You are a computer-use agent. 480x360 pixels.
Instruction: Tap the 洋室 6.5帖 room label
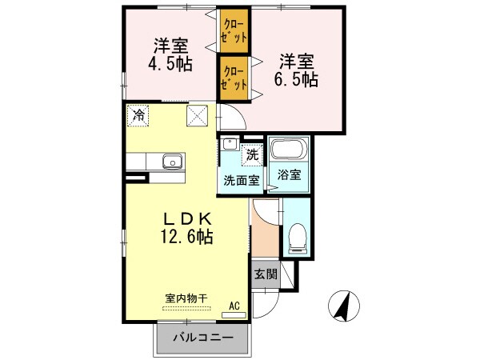tap(298, 70)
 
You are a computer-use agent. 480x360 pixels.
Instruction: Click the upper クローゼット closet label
tap(234, 31)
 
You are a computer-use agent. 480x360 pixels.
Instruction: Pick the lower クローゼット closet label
tap(234, 78)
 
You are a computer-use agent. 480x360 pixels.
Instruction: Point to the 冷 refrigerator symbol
tap(139, 115)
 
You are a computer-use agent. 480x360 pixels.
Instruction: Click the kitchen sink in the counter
tap(172, 162)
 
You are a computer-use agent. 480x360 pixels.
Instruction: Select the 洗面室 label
tap(241, 180)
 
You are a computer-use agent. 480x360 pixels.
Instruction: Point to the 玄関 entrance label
tap(266, 274)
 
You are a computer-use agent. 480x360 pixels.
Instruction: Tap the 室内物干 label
tap(186, 298)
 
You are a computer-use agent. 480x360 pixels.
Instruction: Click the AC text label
tap(235, 305)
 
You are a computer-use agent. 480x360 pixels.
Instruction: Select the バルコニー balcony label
tap(205, 338)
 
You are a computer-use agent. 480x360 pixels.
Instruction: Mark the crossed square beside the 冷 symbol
tap(197, 115)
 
